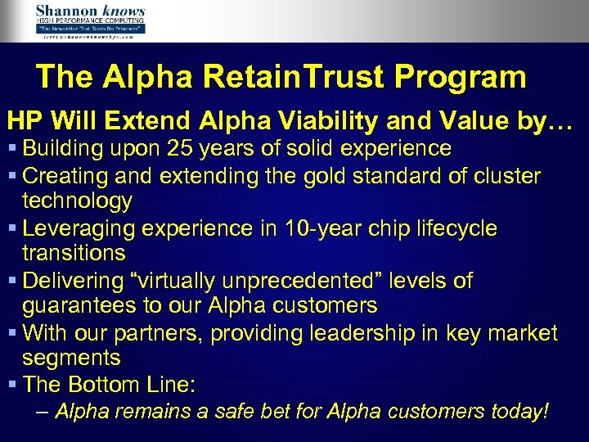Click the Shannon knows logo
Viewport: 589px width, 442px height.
[x=90, y=20]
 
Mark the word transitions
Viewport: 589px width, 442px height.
[x=74, y=253]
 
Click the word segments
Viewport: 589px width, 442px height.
[x=71, y=359]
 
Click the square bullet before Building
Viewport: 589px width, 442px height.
[x=12, y=149]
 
